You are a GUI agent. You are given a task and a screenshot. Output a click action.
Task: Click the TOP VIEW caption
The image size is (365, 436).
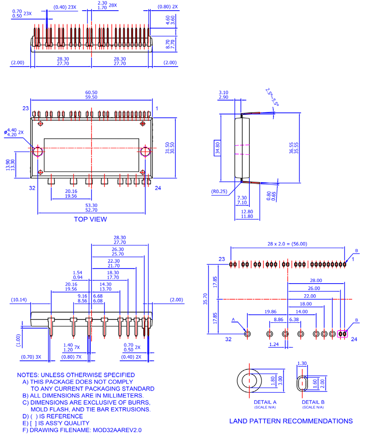point(90,219)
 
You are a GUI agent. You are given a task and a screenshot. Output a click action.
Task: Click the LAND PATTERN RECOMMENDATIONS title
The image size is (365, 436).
point(291,421)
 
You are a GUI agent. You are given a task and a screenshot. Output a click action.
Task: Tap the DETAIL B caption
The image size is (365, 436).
point(313,402)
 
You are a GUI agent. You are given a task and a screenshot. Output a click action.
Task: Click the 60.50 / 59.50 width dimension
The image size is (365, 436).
point(92,95)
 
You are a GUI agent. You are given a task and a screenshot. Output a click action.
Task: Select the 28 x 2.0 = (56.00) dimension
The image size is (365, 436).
point(287,244)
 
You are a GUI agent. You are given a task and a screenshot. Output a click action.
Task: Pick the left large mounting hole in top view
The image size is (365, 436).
point(38,152)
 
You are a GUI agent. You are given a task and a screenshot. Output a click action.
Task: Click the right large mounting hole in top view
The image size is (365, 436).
point(145,152)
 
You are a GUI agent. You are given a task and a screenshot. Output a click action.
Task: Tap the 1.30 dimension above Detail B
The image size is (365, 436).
point(302,363)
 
